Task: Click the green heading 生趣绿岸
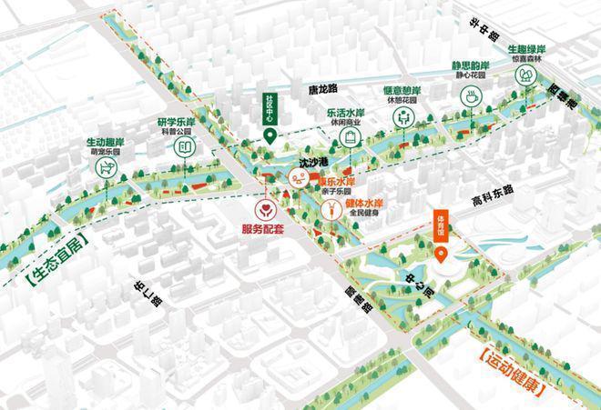pyautogui.click(x=526, y=48)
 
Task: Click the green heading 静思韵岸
pyautogui.click(x=471, y=66)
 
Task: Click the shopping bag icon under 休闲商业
pyautogui.click(x=349, y=137)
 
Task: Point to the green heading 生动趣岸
pyautogui.click(x=106, y=143)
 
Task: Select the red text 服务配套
pyautogui.click(x=263, y=230)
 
